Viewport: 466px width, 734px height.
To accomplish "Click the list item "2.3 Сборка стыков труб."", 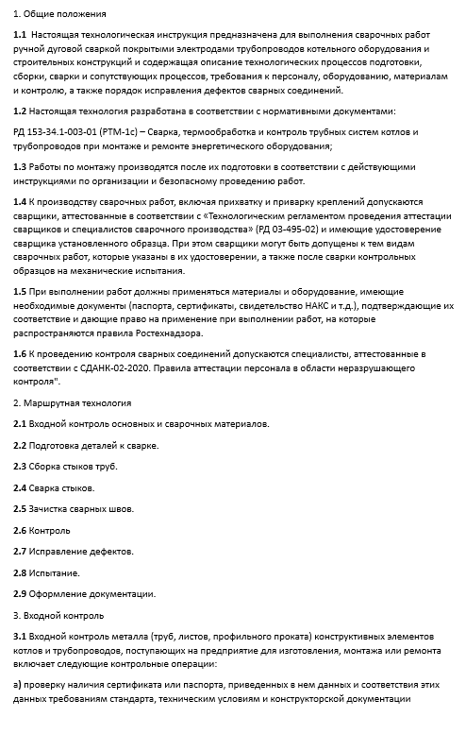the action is coord(66,466).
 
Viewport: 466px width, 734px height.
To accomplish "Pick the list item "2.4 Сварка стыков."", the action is coord(54,487).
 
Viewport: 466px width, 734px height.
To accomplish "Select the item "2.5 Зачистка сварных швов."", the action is coord(74,508).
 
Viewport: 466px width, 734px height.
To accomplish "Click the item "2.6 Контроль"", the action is coord(42,530).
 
